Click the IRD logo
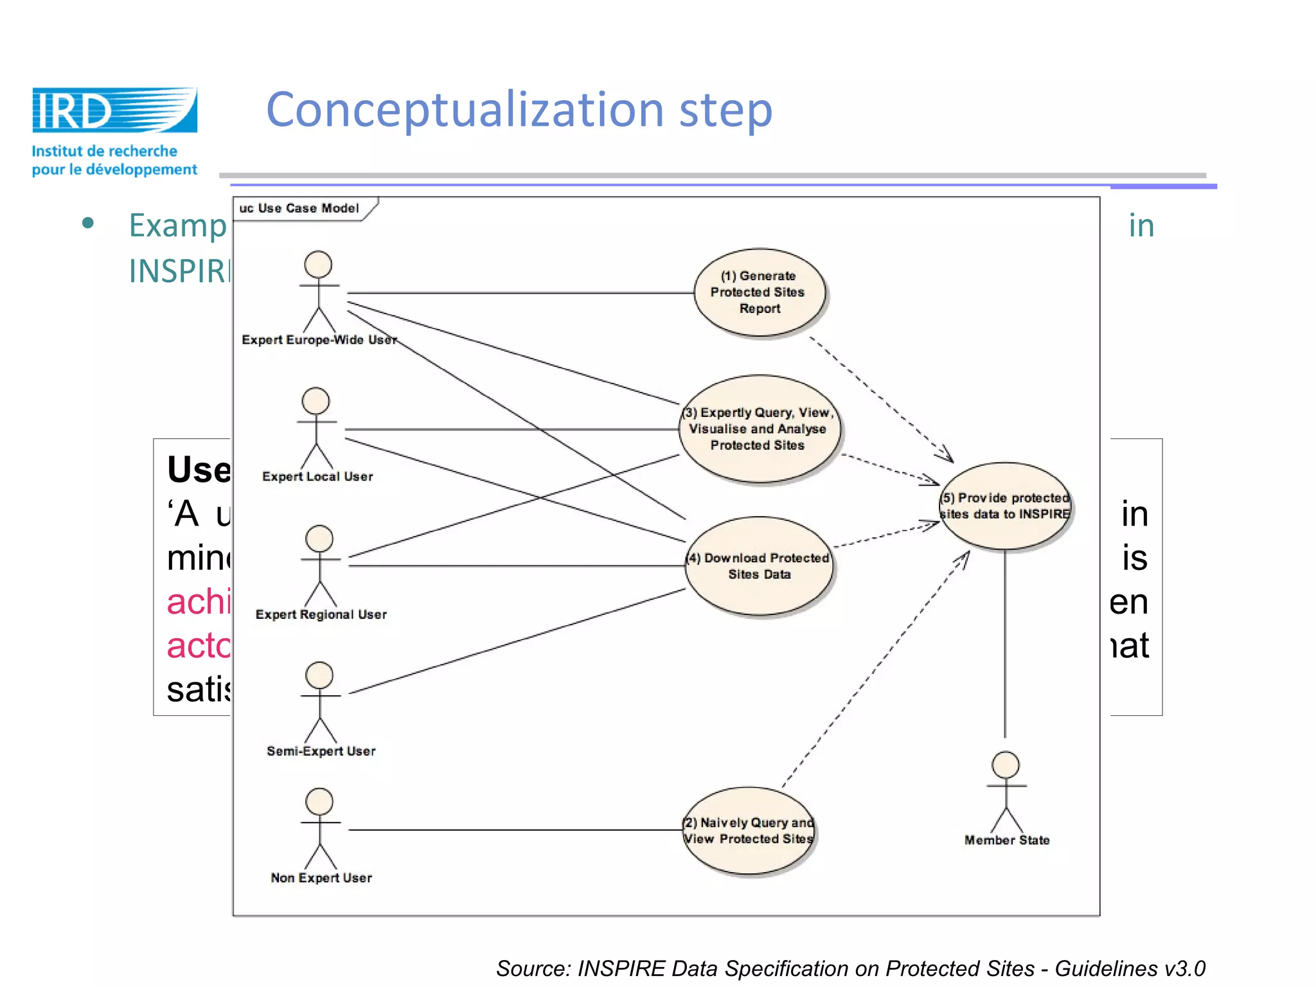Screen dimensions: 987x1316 (x=114, y=110)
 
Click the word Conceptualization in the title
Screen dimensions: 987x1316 (x=465, y=110)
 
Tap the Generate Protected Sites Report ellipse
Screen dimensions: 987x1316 (x=759, y=292)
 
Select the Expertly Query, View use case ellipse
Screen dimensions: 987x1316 (x=759, y=429)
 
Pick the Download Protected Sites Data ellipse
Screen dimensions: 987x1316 (x=759, y=566)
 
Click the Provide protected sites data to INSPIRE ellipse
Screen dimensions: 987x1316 (x=1005, y=506)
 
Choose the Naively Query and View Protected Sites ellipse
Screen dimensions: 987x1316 (x=748, y=831)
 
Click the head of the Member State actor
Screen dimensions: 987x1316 (x=1006, y=765)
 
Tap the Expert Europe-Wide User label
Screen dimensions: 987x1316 (x=319, y=340)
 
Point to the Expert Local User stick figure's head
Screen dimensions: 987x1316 (x=316, y=401)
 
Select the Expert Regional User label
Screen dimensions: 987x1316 (x=321, y=614)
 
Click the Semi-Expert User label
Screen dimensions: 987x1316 (x=321, y=751)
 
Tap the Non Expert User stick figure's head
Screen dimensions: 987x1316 (x=319, y=802)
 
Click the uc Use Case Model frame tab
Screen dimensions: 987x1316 (x=299, y=208)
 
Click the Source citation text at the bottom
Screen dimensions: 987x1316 (x=850, y=968)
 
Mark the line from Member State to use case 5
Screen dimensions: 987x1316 (x=1005, y=643)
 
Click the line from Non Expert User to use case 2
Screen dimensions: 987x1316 (x=514, y=830)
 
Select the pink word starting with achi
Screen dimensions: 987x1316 (x=198, y=602)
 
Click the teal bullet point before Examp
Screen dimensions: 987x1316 (x=88, y=224)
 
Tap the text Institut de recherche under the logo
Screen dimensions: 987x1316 (x=104, y=151)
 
